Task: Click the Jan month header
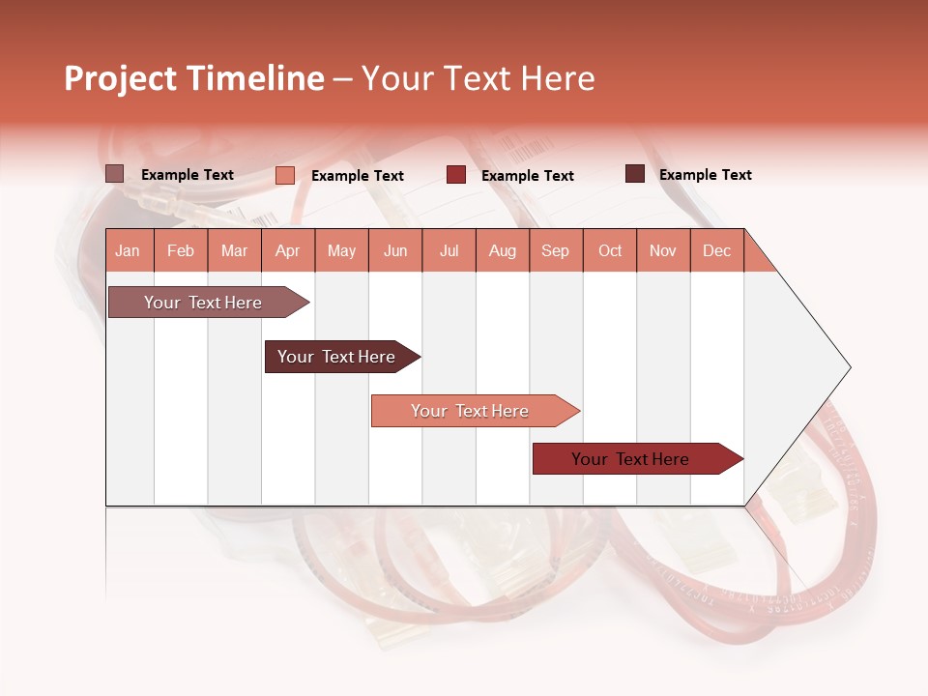point(128,250)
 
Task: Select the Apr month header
point(287,250)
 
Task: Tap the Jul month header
point(449,250)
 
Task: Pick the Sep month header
point(555,250)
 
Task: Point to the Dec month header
point(716,250)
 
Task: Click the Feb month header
point(181,250)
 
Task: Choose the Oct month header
point(610,250)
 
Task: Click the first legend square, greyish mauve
point(114,174)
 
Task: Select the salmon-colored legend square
point(285,175)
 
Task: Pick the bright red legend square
point(456,175)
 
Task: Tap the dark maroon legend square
point(635,174)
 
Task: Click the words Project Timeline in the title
point(193,78)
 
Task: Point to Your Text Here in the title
point(478,78)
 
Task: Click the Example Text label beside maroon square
point(705,174)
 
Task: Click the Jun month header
point(395,250)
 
